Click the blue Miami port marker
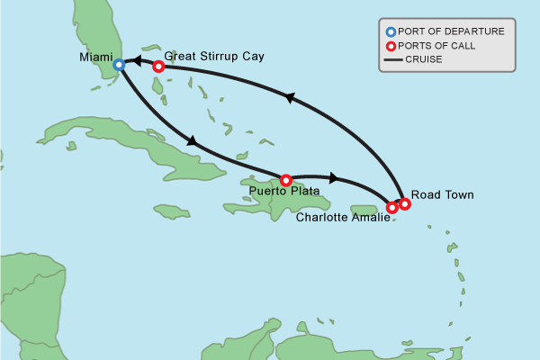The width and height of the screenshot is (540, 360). (119, 65)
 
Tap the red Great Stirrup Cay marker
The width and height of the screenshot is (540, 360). (158, 66)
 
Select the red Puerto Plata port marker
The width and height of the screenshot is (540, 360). (286, 180)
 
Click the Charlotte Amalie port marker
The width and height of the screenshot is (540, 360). (392, 208)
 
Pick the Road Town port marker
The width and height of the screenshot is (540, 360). (405, 203)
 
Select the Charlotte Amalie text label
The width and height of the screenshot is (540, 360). (342, 217)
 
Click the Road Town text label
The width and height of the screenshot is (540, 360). (440, 193)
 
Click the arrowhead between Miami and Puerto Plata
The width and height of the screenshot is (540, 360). (190, 140)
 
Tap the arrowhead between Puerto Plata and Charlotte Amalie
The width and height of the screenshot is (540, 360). (335, 177)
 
